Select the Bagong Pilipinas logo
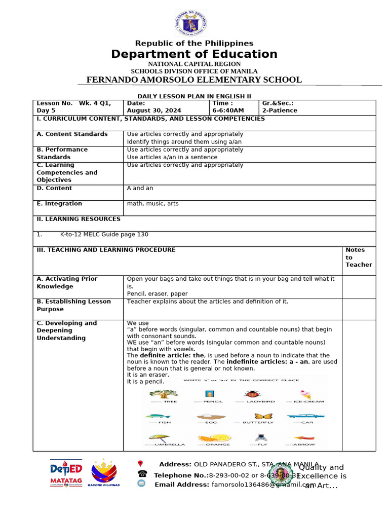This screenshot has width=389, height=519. [x=104, y=473]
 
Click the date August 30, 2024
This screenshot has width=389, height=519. [x=154, y=110]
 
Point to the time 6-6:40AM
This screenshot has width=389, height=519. [x=228, y=110]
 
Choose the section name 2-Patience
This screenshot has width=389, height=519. [x=280, y=110]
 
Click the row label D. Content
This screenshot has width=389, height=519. [x=54, y=188]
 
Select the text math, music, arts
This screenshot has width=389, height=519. [x=152, y=204]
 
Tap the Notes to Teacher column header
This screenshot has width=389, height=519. [x=358, y=257]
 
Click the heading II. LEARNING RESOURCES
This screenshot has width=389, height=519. [x=79, y=219]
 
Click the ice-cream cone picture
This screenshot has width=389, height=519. [x=305, y=394]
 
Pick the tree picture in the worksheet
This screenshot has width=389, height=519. [x=163, y=393]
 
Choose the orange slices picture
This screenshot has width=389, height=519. [x=215, y=437]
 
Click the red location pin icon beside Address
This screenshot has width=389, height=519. [x=140, y=463]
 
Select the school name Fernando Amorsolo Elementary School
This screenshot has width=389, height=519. [x=194, y=80]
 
